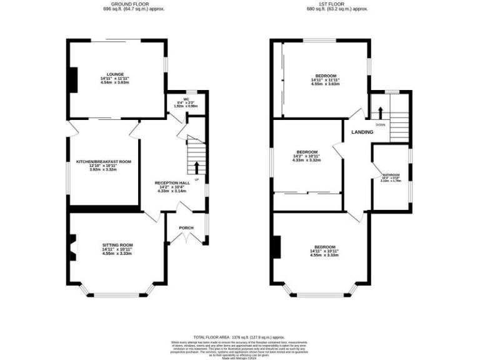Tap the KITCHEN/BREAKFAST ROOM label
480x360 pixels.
coord(104,161)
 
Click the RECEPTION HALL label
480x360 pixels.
coord(171,182)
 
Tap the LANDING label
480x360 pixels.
coord(362,132)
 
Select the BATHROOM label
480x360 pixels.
coord(391,175)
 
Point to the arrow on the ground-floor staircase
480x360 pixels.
coord(197,167)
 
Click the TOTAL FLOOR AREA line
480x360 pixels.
coord(240,336)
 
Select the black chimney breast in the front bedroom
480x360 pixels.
coord(276,246)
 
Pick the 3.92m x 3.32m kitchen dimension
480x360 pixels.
coord(104,169)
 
